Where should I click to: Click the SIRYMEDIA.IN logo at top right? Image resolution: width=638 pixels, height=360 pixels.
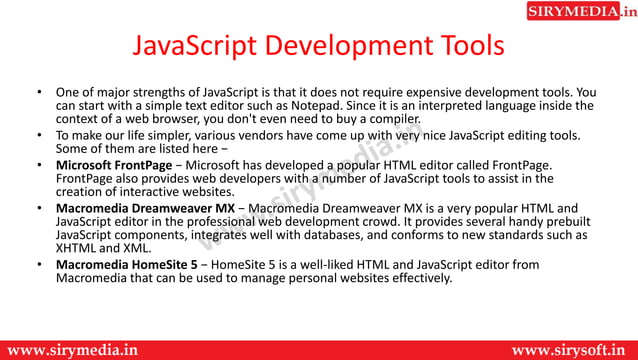pos(580,12)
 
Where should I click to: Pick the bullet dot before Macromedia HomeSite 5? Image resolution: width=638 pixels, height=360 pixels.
pos(38,265)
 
